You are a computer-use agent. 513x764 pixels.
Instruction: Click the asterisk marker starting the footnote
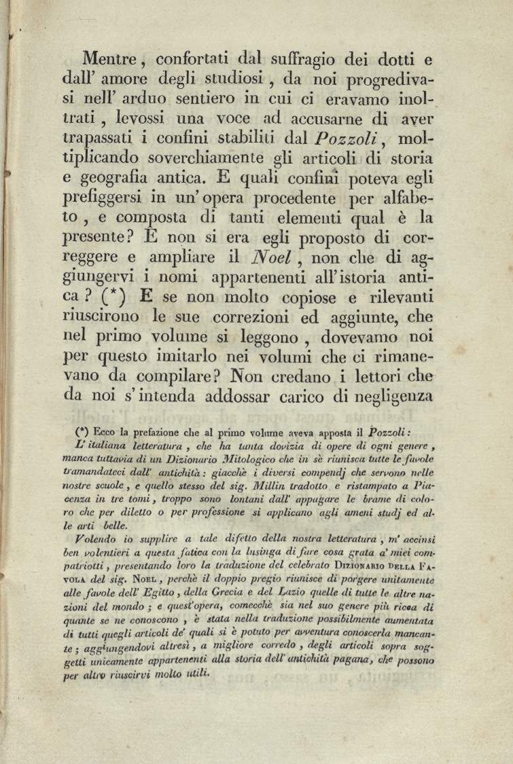pos(83,430)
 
